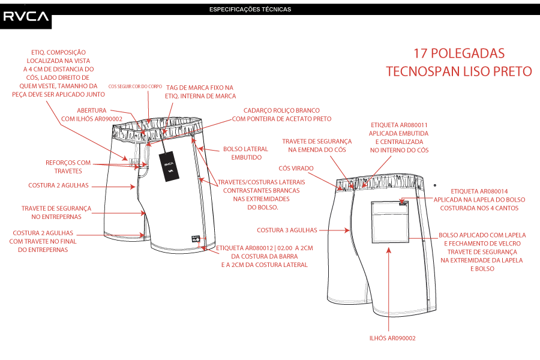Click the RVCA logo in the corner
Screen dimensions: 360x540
(26, 16)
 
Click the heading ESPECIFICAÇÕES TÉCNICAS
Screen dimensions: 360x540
(250, 10)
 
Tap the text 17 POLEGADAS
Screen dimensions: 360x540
(459, 53)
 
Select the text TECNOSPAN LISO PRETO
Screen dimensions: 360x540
(459, 71)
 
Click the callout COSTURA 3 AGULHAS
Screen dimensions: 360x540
(287, 230)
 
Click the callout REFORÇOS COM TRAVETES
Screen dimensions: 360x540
(68, 166)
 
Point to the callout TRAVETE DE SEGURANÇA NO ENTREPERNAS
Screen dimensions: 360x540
(56, 212)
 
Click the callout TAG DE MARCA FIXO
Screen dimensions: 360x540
(200, 91)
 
